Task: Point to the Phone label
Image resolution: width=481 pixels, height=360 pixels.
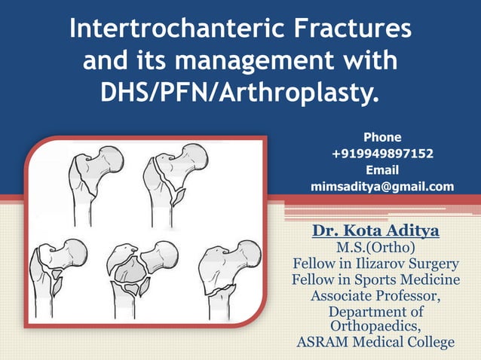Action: click(x=382, y=138)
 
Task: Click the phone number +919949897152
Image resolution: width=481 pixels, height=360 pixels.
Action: click(x=382, y=154)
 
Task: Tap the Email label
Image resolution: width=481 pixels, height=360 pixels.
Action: click(x=382, y=170)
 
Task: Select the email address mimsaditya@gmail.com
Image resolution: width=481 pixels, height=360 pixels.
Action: click(x=382, y=186)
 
